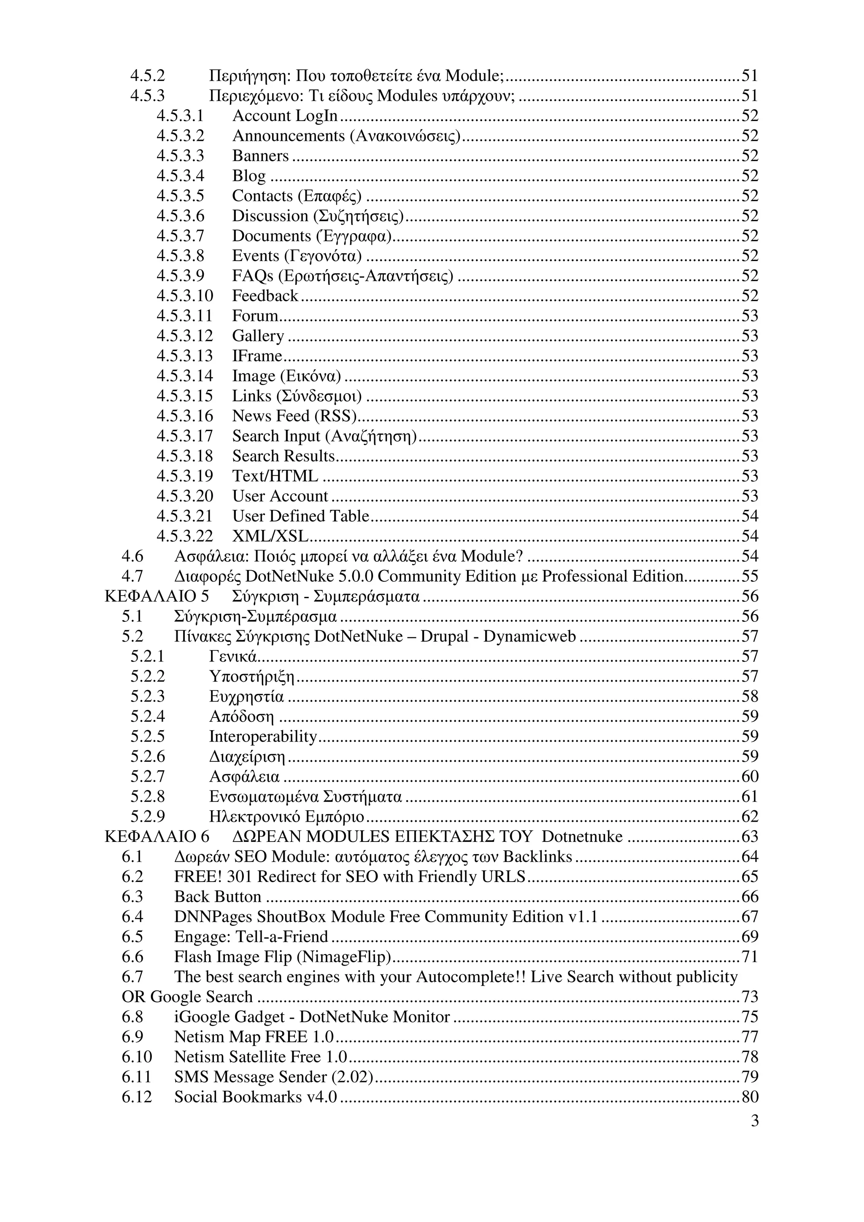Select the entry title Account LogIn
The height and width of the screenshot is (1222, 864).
click(x=285, y=116)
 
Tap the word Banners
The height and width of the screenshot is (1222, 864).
click(x=260, y=156)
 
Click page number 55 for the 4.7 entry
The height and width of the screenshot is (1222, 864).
click(x=750, y=576)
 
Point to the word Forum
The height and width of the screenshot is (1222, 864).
click(x=255, y=316)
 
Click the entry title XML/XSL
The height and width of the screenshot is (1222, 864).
click(x=270, y=536)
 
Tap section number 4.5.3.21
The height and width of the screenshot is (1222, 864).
click(x=184, y=516)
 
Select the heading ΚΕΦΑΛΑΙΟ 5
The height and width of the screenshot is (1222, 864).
click(x=157, y=596)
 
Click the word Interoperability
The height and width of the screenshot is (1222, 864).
click(x=263, y=736)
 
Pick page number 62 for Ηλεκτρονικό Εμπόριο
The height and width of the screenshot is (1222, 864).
click(x=750, y=817)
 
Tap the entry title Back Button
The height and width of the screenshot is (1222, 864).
click(x=218, y=897)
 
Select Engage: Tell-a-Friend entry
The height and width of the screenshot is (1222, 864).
click(x=251, y=937)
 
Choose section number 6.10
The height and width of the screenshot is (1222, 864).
click(x=137, y=1057)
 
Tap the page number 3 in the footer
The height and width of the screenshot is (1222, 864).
click(x=754, y=1122)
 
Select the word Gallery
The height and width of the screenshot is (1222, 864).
click(x=258, y=336)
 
